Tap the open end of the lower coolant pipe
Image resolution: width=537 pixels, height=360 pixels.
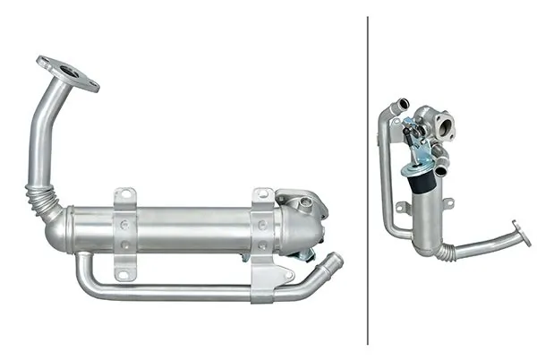coord(336,260)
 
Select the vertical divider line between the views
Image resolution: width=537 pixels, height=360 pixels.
coord(368,179)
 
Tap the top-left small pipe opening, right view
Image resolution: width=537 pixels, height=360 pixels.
coord(403,105)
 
